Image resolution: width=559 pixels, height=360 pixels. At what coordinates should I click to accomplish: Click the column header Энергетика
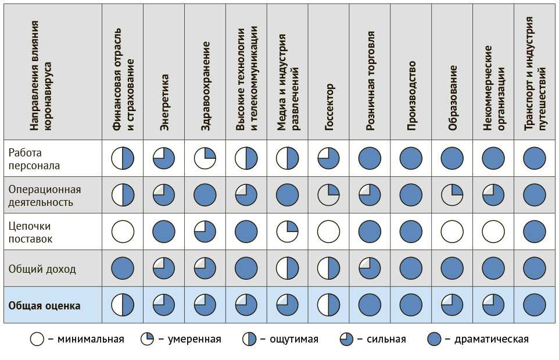point(164,101)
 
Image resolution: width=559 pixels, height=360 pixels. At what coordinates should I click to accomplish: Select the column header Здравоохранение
point(206,93)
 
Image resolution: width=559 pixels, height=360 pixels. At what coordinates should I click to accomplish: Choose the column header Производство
point(412,95)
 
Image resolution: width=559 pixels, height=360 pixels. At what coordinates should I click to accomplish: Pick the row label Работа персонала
point(34,159)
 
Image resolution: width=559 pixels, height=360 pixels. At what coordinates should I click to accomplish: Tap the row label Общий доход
point(42,269)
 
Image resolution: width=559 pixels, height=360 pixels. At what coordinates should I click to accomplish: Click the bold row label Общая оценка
point(44,305)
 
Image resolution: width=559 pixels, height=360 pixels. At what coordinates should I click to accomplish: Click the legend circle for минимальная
point(37,339)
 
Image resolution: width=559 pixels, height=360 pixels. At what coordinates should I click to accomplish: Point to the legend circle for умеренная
point(147,339)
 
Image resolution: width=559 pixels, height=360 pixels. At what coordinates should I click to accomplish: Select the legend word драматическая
point(492,339)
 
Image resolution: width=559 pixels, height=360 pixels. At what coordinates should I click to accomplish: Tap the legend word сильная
point(386,339)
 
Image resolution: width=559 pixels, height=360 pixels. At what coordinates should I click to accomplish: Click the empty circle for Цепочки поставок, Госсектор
point(329,231)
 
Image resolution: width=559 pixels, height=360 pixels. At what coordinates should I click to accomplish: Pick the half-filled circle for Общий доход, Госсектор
point(329,268)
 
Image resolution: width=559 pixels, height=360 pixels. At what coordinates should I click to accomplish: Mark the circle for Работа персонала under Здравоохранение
point(205,158)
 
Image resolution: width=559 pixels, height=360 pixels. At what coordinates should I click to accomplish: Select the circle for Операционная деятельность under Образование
point(453,195)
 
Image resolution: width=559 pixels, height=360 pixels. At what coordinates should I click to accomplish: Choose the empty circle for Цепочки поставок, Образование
point(453,231)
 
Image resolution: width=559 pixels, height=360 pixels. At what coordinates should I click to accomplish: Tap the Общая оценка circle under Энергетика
point(164,305)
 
